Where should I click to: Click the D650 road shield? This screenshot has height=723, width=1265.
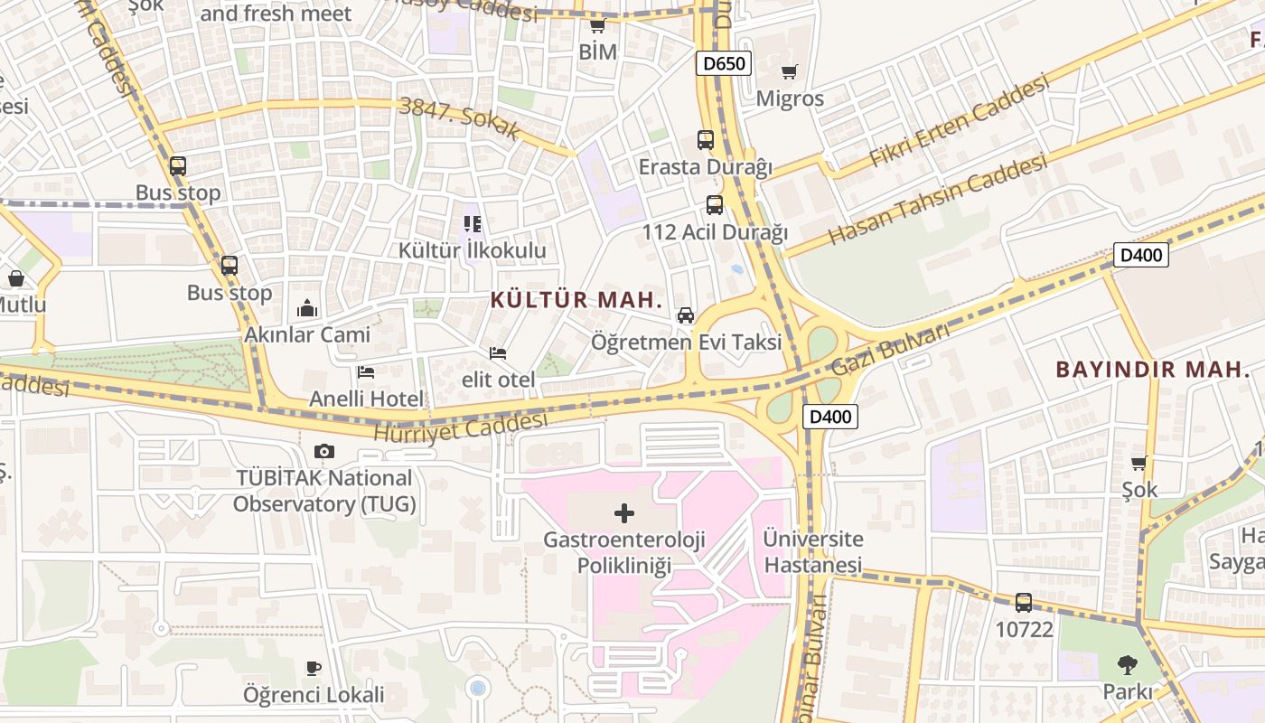click(x=724, y=63)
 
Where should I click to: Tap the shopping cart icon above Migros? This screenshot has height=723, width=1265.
click(x=790, y=71)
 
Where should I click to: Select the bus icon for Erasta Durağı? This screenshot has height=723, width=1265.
click(x=706, y=140)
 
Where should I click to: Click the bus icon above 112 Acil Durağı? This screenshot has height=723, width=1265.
click(x=715, y=205)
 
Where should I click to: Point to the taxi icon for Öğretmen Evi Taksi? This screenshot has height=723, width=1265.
click(x=686, y=315)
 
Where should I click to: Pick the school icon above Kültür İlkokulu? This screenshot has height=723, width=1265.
click(x=472, y=223)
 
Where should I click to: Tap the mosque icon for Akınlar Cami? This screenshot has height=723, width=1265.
click(x=307, y=308)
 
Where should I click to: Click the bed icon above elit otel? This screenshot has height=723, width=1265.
click(x=498, y=352)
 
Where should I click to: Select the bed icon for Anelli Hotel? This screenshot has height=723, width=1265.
click(x=366, y=371)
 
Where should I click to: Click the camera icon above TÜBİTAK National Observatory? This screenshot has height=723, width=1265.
click(x=324, y=451)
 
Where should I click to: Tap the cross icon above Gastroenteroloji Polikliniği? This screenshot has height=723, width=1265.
click(x=623, y=513)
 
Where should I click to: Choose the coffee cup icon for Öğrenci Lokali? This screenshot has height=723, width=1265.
click(x=314, y=668)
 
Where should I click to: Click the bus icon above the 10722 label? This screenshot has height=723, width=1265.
click(x=1024, y=602)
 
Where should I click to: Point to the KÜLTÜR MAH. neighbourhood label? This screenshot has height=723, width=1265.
click(x=577, y=300)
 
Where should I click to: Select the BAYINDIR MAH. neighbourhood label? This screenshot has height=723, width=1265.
click(x=1153, y=369)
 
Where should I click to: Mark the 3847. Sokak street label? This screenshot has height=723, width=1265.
click(x=460, y=118)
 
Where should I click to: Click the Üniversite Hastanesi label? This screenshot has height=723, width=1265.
click(x=813, y=551)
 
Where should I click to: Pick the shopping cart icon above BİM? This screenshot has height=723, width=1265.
click(x=597, y=25)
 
